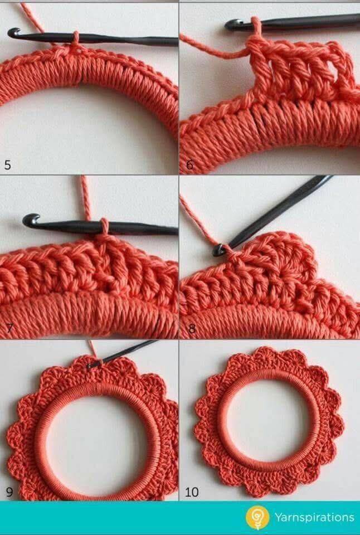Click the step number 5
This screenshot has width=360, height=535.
pyautogui.click(x=7, y=165)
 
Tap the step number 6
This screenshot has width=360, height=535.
pyautogui.click(x=189, y=165)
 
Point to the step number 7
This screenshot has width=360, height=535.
pyautogui.click(x=9, y=328)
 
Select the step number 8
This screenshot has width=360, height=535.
pyautogui.click(x=192, y=329)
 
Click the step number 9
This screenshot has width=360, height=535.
pyautogui.click(x=9, y=492)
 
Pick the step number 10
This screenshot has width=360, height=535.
pyautogui.click(x=192, y=492)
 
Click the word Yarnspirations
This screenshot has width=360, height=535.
pyautogui.click(x=314, y=518)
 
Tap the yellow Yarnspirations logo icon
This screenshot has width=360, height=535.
pyautogui.click(x=257, y=518)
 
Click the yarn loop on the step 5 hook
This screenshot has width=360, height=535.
pyautogui.click(x=75, y=38)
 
